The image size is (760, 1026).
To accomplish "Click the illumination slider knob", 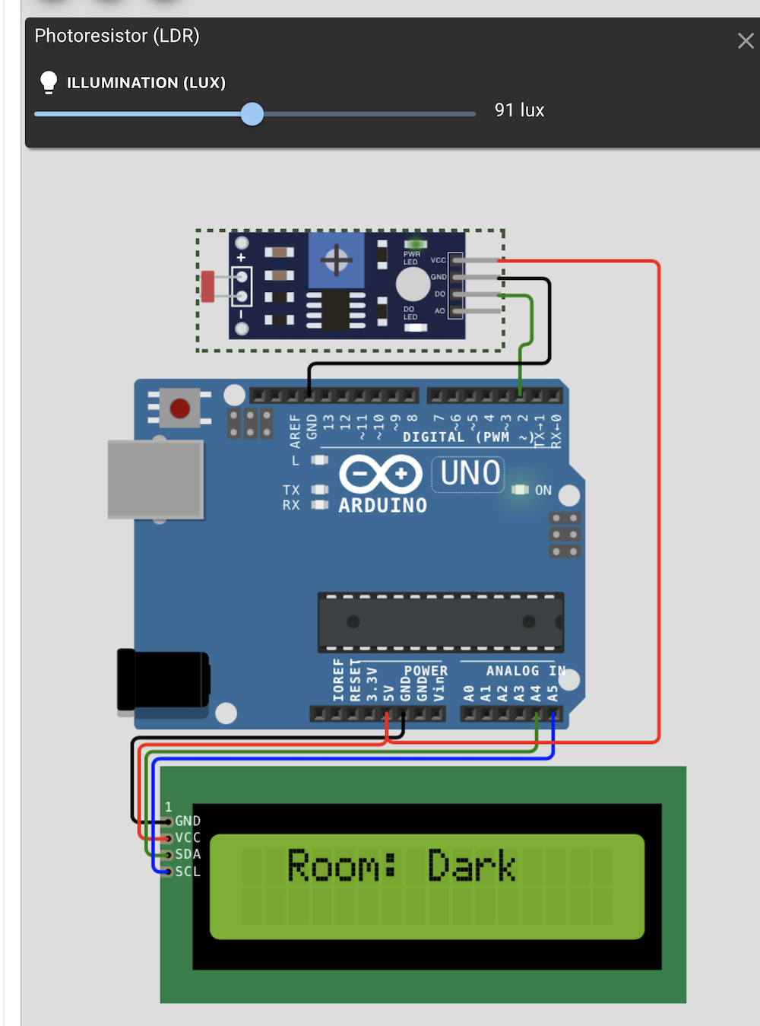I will pos(252,114).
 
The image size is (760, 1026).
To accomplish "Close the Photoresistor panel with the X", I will pos(745,41).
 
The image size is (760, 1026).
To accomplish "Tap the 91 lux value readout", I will pos(519,110).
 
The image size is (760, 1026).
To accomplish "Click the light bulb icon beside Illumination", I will pos(49,82).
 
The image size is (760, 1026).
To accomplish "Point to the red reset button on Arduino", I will pos(180,408).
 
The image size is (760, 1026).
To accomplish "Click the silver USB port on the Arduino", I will pos(156,479).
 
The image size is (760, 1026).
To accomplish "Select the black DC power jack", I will pos(162,679).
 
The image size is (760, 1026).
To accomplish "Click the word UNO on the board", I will pos(470,473).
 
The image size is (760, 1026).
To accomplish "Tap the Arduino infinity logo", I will pos(380,474).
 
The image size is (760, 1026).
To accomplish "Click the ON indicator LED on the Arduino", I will pos(520,490).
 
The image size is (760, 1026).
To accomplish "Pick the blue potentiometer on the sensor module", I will pos(336,261).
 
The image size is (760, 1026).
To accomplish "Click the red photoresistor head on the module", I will pos(207,286).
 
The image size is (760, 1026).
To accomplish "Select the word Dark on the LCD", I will pos(472,866).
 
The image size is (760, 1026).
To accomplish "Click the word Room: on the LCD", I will pos(341,866).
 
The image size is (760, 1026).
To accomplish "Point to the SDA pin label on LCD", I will pos(188,854).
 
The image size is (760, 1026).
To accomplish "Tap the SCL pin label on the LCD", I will pos(188,872).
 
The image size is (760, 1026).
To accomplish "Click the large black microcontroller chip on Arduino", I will pos(441,622).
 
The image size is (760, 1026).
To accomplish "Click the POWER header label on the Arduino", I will pos(426,671).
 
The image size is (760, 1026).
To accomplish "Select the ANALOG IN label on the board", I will pos(525,671).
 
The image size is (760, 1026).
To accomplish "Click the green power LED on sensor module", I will pos(415,245).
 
